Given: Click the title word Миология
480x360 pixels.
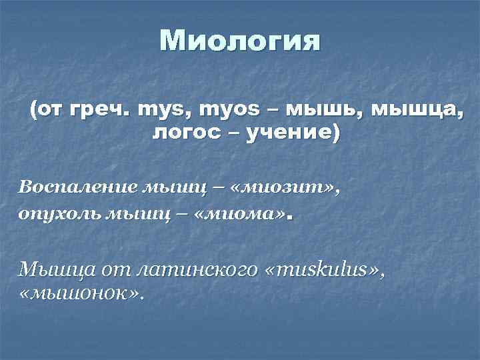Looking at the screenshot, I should point(240,41).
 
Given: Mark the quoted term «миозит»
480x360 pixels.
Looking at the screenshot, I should point(280,187).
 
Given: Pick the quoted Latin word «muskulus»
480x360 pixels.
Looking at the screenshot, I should point(327,269).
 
